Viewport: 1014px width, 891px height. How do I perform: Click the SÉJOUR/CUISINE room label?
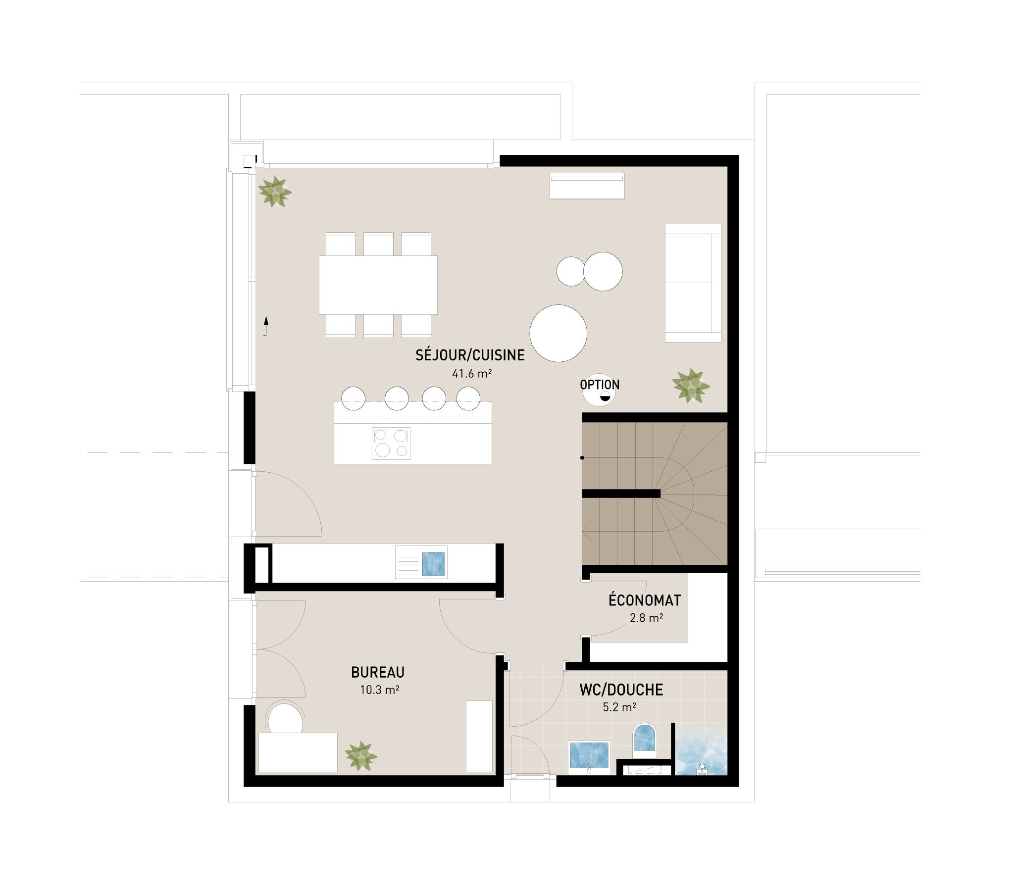coord(470,355)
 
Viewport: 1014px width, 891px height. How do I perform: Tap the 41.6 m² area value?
coord(471,374)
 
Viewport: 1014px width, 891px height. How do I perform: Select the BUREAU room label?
coord(377,672)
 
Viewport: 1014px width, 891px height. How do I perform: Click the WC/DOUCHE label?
coord(621,690)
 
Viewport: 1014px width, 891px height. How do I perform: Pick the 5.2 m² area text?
coord(619,707)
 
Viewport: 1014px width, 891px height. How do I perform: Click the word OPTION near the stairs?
coord(599,385)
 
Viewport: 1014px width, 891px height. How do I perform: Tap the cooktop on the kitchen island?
coord(391,443)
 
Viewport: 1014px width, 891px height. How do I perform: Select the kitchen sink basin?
coord(433,564)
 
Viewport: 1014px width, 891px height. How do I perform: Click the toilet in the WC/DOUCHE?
coord(645,741)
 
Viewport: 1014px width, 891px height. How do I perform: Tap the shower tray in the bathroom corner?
coord(701,749)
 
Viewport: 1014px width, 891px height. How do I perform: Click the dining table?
coord(378,285)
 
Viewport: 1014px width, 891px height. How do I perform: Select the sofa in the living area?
coord(693,283)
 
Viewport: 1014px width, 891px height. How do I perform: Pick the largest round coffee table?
coord(558,333)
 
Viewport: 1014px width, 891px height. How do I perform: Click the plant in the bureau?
coord(360,756)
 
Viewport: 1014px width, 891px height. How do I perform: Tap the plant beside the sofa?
coord(691,386)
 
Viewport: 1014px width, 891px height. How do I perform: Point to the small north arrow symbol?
coord(266,326)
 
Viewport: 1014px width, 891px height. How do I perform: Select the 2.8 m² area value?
coord(647,618)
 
